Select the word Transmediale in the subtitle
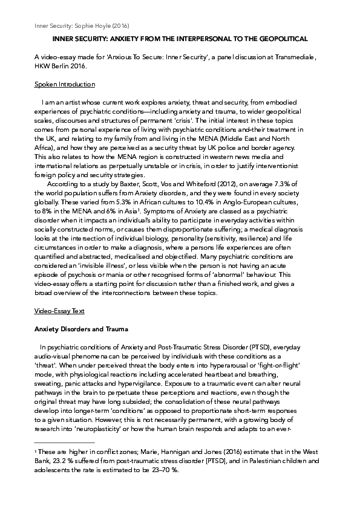(x=300, y=56)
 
